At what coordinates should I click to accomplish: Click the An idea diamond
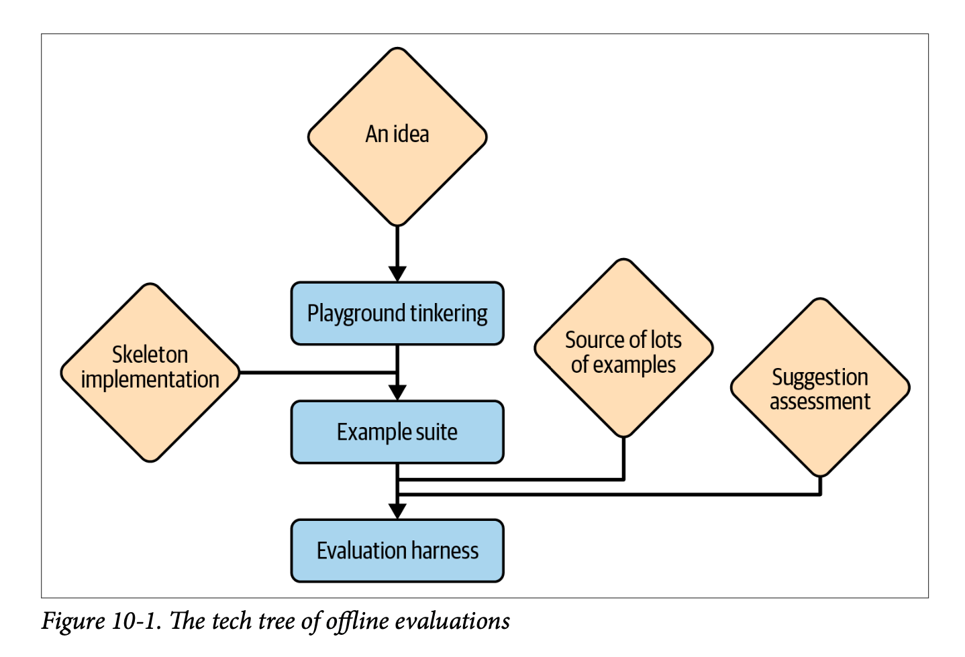397,137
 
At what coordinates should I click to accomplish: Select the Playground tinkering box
397,314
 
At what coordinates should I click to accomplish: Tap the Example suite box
397,432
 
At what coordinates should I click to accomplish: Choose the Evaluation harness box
397,551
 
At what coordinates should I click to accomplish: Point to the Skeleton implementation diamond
150,373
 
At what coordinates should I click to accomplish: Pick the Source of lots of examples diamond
623,349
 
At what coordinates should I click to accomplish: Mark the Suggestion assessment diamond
820,387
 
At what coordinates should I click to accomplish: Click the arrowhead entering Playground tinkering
397,274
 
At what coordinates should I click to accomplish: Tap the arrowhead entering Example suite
397,392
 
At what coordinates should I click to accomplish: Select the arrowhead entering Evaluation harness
397,511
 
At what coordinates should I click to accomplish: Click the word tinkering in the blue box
449,314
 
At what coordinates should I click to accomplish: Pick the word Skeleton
150,355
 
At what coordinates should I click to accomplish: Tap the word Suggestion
820,377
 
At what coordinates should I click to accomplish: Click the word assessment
820,402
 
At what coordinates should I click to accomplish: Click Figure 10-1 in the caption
101,621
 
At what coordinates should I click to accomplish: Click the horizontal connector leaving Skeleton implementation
315,372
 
